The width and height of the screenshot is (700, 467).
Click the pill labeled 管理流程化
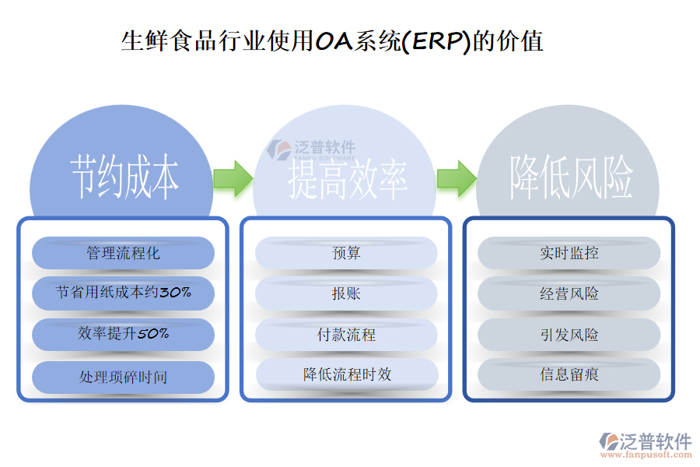(123, 253)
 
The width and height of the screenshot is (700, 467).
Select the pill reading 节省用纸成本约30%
(123, 293)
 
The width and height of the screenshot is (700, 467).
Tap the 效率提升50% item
(123, 334)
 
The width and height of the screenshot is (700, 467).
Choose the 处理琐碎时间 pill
(123, 377)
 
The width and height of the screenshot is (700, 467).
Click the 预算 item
(346, 253)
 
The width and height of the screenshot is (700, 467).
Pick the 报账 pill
(346, 293)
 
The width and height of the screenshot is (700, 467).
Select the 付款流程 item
(346, 335)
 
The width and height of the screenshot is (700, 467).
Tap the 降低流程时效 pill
(346, 374)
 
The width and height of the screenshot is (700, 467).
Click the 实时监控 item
(569, 253)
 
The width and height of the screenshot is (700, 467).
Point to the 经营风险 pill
(569, 293)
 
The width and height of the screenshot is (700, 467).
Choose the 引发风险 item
(569, 335)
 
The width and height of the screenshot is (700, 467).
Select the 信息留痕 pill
(569, 374)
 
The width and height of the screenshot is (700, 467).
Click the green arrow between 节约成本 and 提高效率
(232, 178)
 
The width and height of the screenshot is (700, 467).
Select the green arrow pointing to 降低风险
(456, 178)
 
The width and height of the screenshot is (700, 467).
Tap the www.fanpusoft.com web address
(645, 457)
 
